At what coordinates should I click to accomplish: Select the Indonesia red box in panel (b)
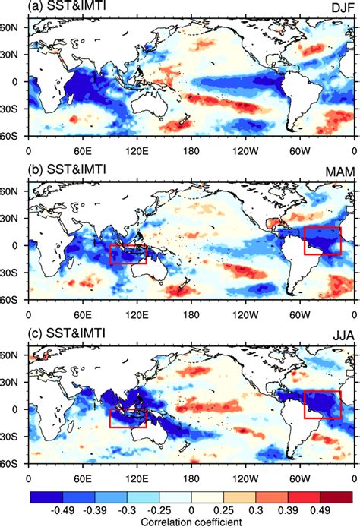coord(128,254)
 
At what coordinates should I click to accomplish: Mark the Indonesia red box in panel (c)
coord(128,418)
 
